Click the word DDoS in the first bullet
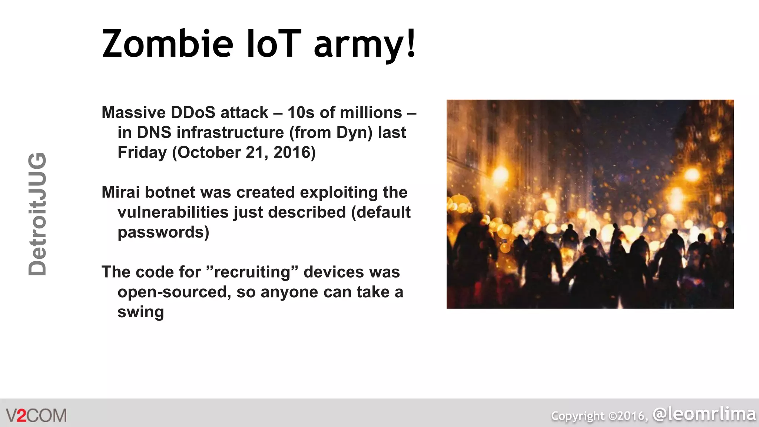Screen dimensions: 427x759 (x=193, y=112)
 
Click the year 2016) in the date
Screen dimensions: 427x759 (x=295, y=152)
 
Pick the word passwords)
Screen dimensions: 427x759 (x=163, y=232)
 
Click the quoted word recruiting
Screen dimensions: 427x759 (x=252, y=272)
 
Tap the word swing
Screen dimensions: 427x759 (x=140, y=312)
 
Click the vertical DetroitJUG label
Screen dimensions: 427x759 (x=37, y=214)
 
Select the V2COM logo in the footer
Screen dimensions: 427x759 (x=36, y=416)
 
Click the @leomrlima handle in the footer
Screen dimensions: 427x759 (x=704, y=414)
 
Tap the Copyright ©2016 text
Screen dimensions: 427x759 (x=599, y=416)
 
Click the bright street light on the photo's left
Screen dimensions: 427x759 (x=500, y=174)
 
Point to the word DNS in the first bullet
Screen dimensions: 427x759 (x=154, y=132)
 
